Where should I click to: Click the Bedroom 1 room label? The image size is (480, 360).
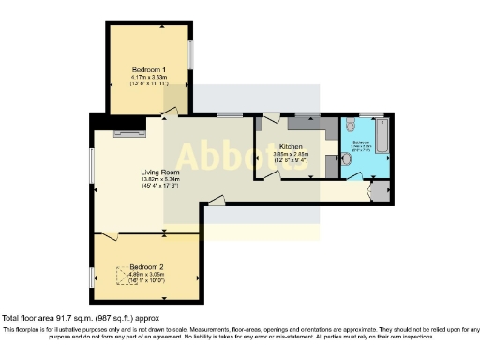(149, 70)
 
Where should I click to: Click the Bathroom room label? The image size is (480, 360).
(361, 142)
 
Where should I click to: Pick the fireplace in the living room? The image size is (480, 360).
(126, 135)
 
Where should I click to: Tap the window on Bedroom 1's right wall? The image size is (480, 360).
(189, 54)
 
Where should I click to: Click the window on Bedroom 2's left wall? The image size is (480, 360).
(93, 277)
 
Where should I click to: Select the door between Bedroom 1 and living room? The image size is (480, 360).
(168, 113)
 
